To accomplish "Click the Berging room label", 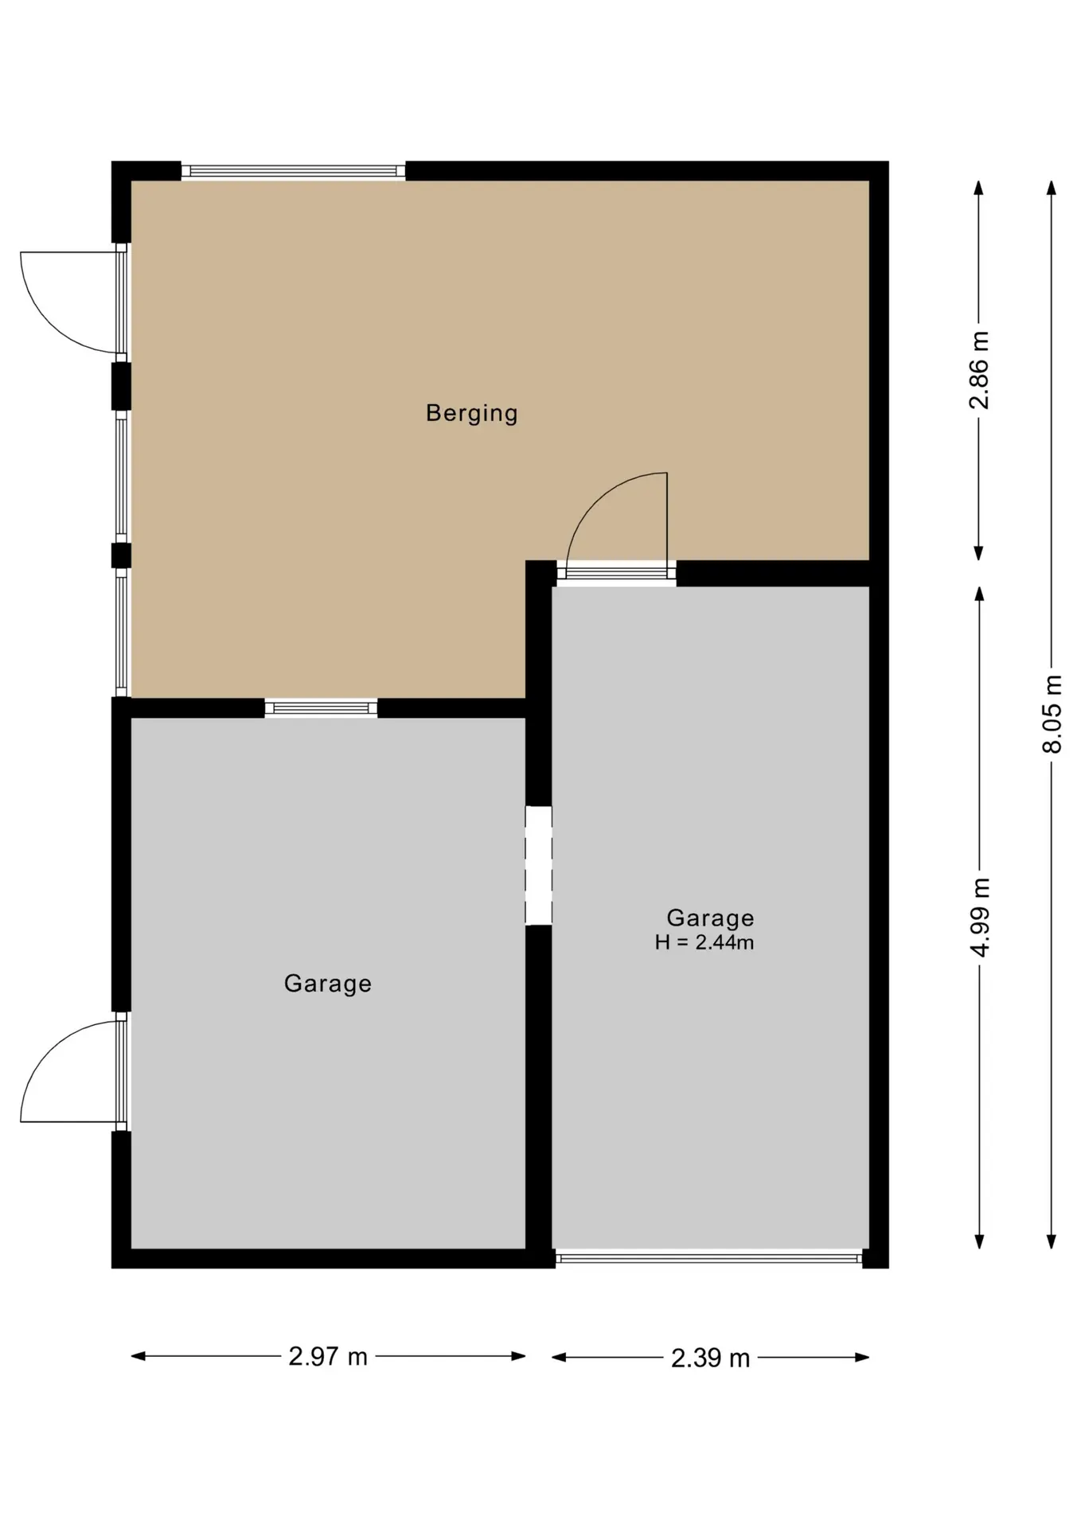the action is click(x=471, y=413).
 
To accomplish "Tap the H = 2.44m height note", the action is click(x=704, y=943).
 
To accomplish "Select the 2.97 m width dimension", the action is click(x=328, y=1356).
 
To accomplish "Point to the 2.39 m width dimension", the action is click(x=710, y=1357).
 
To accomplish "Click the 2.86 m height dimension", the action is click(x=979, y=370).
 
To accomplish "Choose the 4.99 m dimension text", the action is click(x=980, y=918).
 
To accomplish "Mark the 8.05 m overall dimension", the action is click(x=1052, y=714).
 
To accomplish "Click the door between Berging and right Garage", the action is click(x=616, y=525).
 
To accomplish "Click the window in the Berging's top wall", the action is click(x=294, y=170).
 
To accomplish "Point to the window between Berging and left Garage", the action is click(x=321, y=707).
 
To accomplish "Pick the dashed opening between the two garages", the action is click(x=538, y=865).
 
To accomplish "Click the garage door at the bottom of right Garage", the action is click(x=708, y=1258).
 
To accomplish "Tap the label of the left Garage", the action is click(x=328, y=984).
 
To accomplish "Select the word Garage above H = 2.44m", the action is click(x=710, y=918).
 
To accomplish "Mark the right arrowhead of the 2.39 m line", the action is click(x=861, y=1357).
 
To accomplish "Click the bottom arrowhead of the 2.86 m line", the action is click(x=979, y=553).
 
